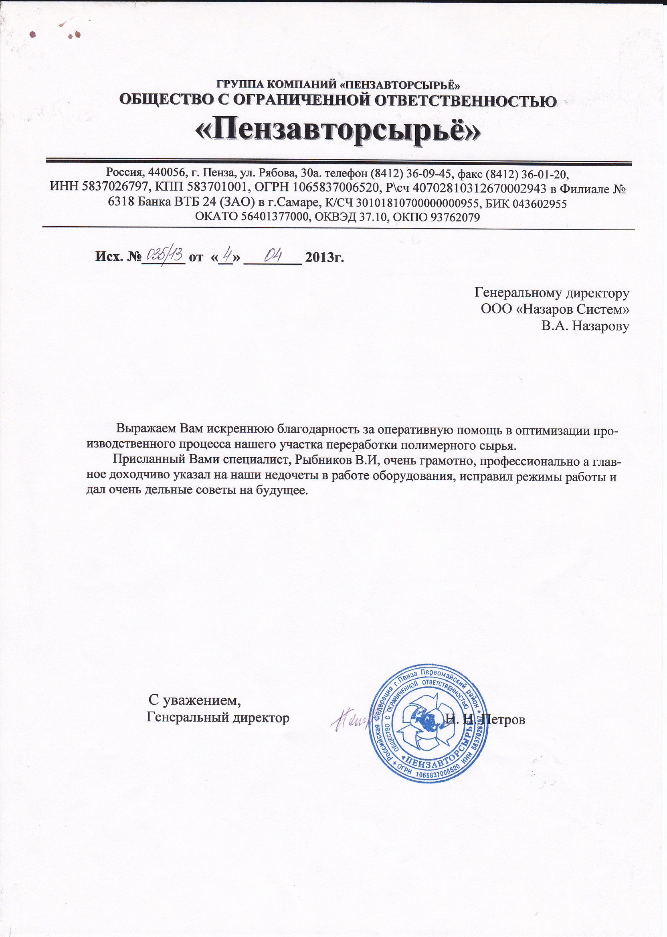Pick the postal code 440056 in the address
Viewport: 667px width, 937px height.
point(167,172)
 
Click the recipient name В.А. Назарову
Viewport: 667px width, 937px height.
point(585,327)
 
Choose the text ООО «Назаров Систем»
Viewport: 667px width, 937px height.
point(555,309)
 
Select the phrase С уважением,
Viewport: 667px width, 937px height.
point(195,700)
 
